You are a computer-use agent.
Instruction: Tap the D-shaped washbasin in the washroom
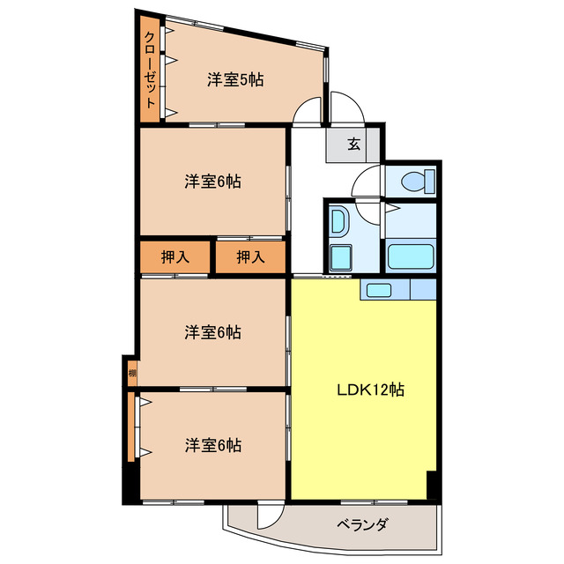pos(338,224)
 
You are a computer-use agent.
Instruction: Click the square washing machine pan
pos(338,258)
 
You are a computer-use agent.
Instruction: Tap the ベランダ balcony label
pos(361,526)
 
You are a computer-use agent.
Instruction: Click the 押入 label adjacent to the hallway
pos(251,257)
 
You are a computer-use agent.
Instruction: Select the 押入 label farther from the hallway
pos(175,257)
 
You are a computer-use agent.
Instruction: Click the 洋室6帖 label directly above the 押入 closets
pos(213,182)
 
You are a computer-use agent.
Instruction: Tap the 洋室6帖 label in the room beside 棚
pos(213,332)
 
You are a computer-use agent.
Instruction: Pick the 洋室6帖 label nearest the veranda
pos(213,445)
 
